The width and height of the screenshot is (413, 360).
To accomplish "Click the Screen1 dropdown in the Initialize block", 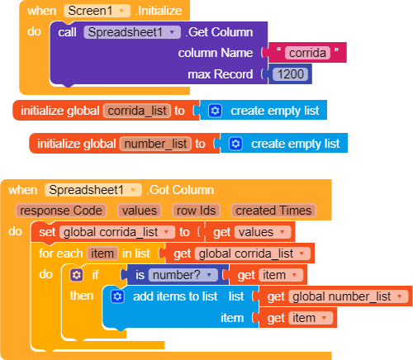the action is (x=97, y=11).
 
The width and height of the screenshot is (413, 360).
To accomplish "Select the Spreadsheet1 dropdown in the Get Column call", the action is (x=132, y=32).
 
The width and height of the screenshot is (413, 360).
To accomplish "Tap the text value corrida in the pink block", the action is (x=307, y=53).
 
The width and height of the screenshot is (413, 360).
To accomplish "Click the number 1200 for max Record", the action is (x=290, y=74).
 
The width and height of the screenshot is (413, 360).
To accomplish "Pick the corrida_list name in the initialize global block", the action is (x=137, y=111).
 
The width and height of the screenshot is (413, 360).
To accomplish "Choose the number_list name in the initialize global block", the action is (x=155, y=144).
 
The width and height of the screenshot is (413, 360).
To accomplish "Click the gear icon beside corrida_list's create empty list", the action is (x=215, y=111).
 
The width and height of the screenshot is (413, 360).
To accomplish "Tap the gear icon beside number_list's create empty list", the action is (x=235, y=144).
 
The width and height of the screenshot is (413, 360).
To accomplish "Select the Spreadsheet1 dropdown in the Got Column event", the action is (x=93, y=190).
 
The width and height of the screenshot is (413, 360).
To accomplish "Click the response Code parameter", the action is (x=61, y=211).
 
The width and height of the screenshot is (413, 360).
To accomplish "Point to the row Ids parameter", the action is (x=196, y=211).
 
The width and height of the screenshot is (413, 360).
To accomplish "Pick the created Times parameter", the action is (x=273, y=211).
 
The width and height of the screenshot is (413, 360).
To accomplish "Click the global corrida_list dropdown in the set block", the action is (x=117, y=232).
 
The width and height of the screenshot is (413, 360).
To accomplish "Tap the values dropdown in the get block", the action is (x=263, y=232).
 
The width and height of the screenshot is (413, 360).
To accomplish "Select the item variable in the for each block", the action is (x=102, y=253).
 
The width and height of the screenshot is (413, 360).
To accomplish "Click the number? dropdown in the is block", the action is (x=183, y=275).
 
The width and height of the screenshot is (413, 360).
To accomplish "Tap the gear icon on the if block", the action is (x=77, y=275).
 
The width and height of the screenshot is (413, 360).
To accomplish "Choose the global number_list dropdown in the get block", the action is (x=349, y=296).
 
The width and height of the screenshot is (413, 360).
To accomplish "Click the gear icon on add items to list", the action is (x=117, y=296).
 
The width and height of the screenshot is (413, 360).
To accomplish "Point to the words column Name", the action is (x=216, y=53).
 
